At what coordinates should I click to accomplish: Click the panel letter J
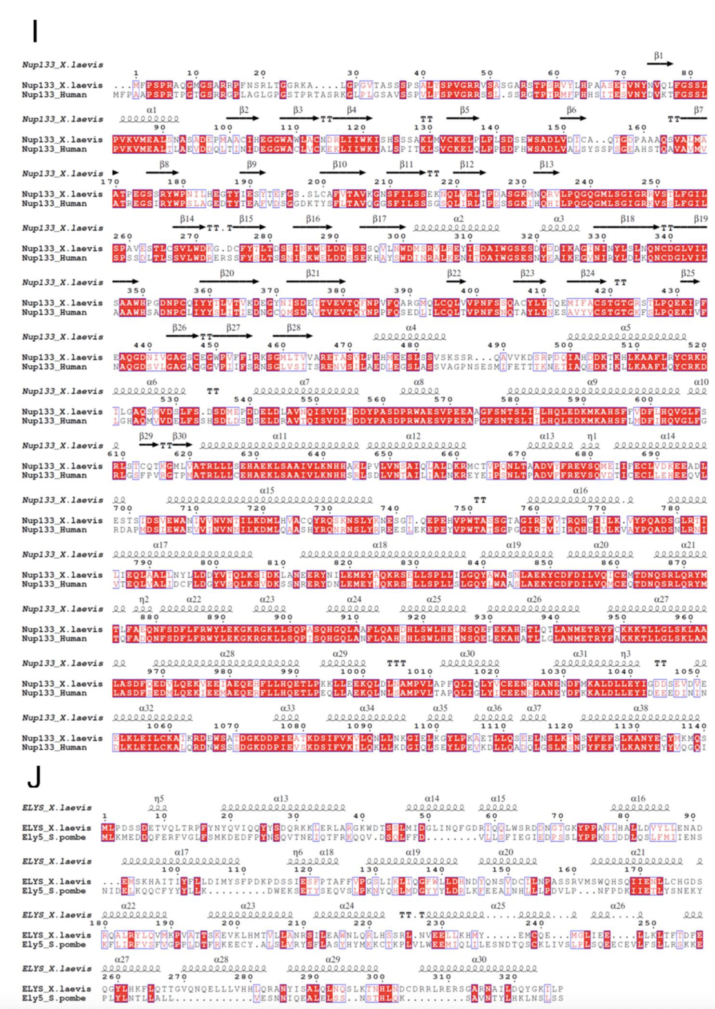click(x=34, y=777)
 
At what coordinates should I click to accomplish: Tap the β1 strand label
click(x=659, y=56)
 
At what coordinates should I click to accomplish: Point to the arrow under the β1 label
click(x=660, y=64)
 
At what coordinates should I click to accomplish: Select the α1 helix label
click(x=151, y=110)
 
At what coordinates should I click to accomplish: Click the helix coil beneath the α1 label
click(x=149, y=119)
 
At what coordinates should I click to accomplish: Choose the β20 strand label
click(x=226, y=273)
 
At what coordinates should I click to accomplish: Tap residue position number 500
click(x=564, y=345)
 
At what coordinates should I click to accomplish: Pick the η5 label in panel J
click(x=159, y=799)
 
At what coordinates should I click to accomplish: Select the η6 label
click(x=298, y=852)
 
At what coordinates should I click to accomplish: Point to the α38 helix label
click(x=641, y=708)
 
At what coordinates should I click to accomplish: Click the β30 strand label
click(x=179, y=436)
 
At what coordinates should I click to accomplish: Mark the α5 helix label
click(x=625, y=328)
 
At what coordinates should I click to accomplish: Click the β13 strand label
click(x=547, y=164)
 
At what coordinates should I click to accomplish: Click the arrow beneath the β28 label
click(x=292, y=336)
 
